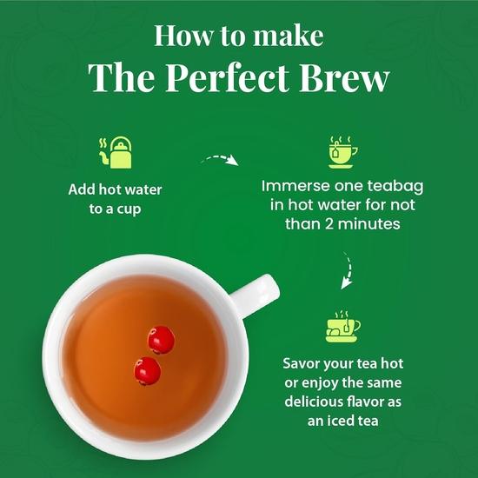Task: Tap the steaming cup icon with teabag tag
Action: click(342, 151)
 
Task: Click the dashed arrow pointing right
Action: click(219, 160)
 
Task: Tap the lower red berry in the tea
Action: click(148, 369)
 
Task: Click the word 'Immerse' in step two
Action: click(294, 186)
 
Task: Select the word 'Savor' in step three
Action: click(303, 362)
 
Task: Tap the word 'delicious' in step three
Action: click(313, 402)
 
